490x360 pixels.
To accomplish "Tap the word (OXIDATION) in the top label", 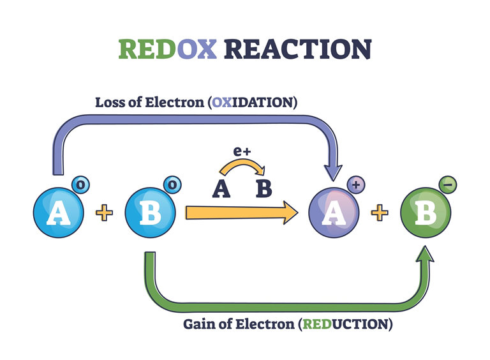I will coord(253,102).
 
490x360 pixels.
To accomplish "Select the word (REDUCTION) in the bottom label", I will coord(345,324).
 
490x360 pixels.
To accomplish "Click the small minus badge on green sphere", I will coord(448,185).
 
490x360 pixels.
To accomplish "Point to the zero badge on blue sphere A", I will coord(81,185).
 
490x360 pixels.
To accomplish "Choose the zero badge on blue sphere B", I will coord(173,185).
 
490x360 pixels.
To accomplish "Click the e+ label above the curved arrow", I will coord(242,151).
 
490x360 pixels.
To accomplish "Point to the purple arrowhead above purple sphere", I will coord(334,171).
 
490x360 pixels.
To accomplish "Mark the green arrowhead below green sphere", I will coord(425,255).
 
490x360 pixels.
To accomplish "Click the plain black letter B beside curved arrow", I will coord(264,189).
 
